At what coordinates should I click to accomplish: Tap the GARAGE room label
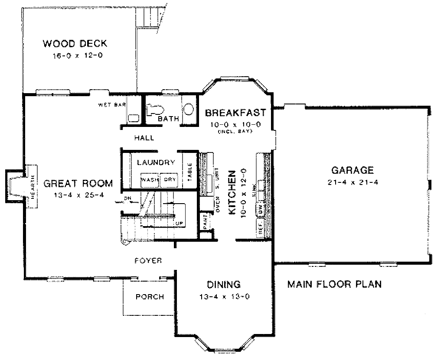coord(352,169)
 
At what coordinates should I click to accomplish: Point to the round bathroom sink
coord(189,108)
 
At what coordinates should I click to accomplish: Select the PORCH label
coord(150,297)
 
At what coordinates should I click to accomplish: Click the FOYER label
coord(148,261)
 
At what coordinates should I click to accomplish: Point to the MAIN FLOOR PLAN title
coord(335,285)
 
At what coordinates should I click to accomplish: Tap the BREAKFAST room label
coord(235,113)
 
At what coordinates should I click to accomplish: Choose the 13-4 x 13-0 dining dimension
coord(224,297)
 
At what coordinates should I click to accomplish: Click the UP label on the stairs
coord(178,223)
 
